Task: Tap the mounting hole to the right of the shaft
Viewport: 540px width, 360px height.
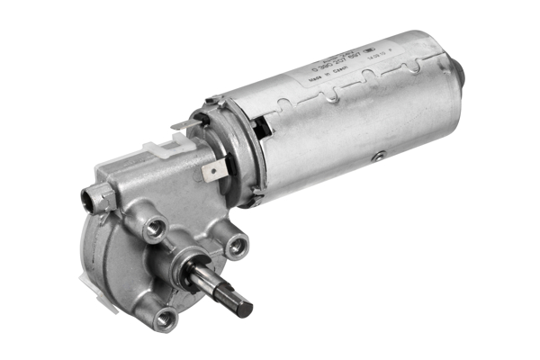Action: tap(238, 244)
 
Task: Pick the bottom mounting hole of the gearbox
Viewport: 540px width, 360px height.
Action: tap(166, 317)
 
